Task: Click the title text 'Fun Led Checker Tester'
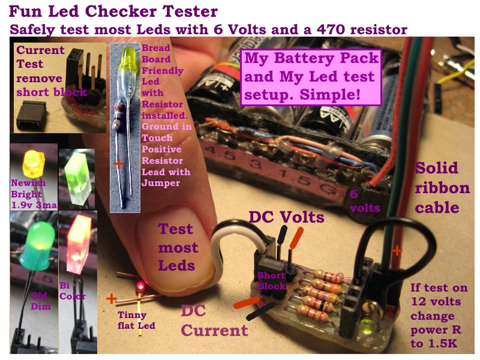tap(113, 11)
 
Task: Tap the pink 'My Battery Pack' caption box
tap(311, 77)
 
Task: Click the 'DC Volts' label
tap(287, 217)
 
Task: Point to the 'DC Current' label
tap(214, 320)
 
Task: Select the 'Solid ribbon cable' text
tap(442, 187)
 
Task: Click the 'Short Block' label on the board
tap(271, 280)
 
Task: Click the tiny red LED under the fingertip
tap(140, 286)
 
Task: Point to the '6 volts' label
tap(364, 201)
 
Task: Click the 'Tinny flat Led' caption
tap(136, 320)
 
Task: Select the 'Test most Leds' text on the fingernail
tap(178, 247)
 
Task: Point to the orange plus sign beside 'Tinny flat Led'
tap(112, 298)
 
